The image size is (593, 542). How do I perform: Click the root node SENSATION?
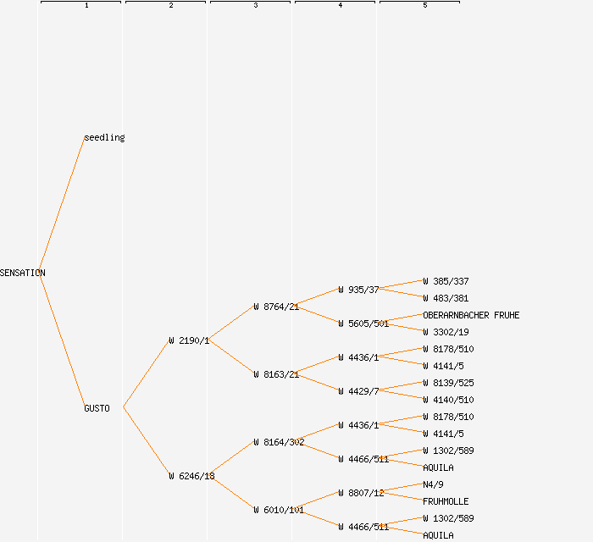tap(23, 273)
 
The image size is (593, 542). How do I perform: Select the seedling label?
tap(104, 137)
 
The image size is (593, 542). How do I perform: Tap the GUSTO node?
tap(97, 408)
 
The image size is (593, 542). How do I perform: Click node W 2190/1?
tap(189, 340)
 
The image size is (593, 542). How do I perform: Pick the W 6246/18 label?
tap(191, 476)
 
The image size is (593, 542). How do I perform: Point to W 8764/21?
tap(276, 307)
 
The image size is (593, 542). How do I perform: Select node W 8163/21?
tap(276, 374)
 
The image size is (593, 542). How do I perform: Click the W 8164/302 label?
tap(279, 442)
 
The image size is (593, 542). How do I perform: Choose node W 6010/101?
tap(279, 510)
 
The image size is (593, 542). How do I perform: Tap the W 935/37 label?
tap(358, 290)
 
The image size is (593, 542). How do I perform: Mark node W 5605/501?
tap(363, 324)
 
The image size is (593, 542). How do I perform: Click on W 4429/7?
tap(358, 391)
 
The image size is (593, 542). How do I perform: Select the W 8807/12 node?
tap(361, 493)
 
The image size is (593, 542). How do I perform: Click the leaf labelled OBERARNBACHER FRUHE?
tap(471, 315)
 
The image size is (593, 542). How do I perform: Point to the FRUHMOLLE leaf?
tap(446, 501)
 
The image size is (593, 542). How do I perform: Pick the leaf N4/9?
tap(433, 484)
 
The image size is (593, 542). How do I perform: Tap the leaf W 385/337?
tap(446, 281)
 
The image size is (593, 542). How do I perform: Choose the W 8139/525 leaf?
tap(448, 383)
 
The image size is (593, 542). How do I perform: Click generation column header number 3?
tap(256, 6)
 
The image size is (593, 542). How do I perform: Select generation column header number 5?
tap(425, 6)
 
